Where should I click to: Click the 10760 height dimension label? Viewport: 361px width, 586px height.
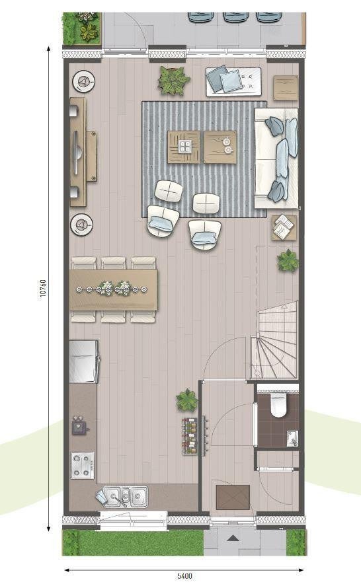click(43, 289)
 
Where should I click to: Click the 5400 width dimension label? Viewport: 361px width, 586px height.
click(185, 575)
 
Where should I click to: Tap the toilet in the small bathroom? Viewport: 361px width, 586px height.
click(278, 404)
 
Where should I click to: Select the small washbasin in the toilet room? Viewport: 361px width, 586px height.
click(292, 439)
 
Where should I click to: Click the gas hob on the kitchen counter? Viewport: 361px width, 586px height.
click(83, 465)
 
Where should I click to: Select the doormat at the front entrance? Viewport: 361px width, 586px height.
click(233, 497)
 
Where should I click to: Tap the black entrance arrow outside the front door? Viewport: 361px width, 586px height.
click(233, 538)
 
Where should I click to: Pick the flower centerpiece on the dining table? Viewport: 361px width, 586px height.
click(112, 288)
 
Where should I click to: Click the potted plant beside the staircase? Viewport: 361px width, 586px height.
click(288, 260)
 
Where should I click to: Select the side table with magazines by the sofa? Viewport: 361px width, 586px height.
click(284, 227)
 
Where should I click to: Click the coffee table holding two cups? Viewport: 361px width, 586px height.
click(220, 147)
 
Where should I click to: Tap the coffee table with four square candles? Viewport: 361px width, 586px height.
click(184, 147)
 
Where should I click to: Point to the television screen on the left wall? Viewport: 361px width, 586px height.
click(76, 152)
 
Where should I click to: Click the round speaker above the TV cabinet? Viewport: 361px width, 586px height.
click(83, 81)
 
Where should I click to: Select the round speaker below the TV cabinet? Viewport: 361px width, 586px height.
click(82, 225)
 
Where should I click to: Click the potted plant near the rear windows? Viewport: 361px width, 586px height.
click(174, 80)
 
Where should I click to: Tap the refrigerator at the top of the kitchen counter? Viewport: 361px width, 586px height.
click(84, 361)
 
